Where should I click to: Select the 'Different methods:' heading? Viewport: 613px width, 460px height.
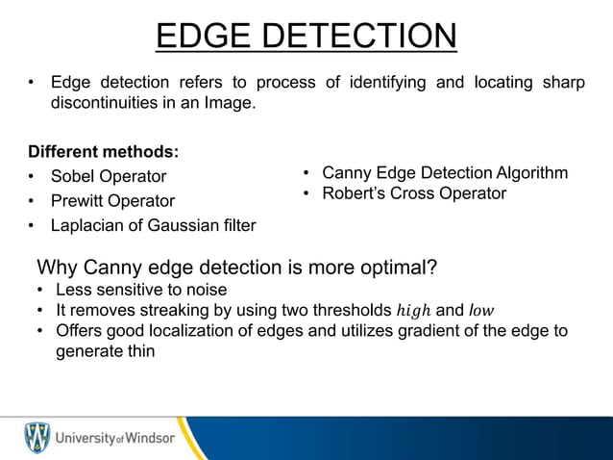[x=104, y=152]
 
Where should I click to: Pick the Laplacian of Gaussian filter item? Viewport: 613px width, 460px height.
[x=153, y=226]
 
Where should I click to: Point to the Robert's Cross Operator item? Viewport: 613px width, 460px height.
[x=413, y=193]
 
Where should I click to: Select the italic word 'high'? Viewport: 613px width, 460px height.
[x=413, y=311]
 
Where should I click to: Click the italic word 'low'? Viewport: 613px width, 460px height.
[x=481, y=311]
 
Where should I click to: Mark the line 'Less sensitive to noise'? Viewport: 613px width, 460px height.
[x=141, y=290]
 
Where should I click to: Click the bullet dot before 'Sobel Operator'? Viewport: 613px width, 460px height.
[x=33, y=177]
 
